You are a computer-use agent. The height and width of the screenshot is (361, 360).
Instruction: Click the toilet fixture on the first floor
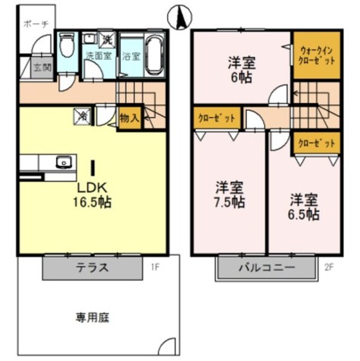66,46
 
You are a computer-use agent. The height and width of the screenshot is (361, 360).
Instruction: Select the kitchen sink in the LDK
64,162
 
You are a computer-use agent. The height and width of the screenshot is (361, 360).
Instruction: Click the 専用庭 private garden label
92,318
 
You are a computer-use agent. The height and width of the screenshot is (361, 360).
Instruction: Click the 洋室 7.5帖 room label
230,194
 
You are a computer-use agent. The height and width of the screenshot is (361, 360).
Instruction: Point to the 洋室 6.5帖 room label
305,206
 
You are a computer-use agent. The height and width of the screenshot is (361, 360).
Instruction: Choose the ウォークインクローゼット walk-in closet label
316,55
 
